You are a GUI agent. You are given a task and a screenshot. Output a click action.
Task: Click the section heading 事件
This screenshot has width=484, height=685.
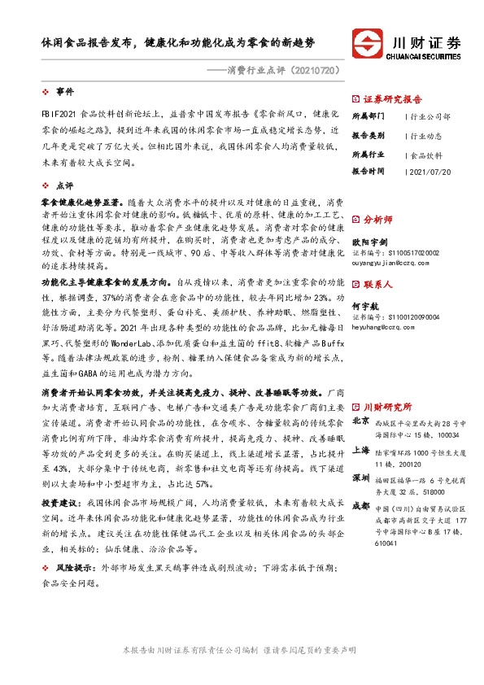[64, 91]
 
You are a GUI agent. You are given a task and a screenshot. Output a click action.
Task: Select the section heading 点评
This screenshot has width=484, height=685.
[64, 185]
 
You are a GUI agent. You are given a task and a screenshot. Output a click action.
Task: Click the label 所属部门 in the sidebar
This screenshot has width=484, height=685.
[368, 116]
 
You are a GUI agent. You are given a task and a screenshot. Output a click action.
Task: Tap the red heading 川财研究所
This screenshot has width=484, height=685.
[387, 405]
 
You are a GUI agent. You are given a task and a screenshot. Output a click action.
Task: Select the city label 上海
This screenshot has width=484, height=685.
[362, 449]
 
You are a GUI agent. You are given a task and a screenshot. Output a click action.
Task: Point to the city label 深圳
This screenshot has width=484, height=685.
[362, 479]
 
